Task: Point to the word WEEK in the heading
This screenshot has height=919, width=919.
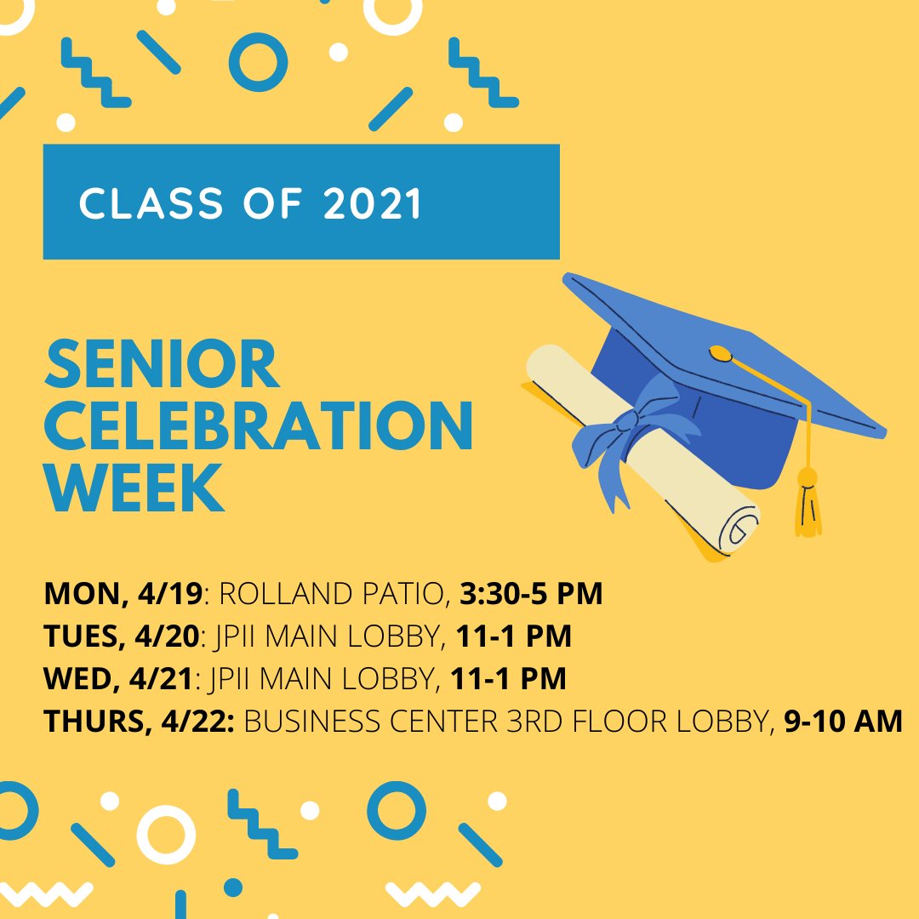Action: (x=134, y=489)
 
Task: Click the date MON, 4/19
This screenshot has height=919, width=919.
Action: (x=123, y=594)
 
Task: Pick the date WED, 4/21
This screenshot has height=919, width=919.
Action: (x=120, y=679)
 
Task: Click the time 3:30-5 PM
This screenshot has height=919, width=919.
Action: (x=531, y=594)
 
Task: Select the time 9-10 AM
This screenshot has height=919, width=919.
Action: (x=842, y=722)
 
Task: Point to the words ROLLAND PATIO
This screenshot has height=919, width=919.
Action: (x=333, y=594)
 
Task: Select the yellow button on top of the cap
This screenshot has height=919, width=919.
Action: (x=720, y=351)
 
